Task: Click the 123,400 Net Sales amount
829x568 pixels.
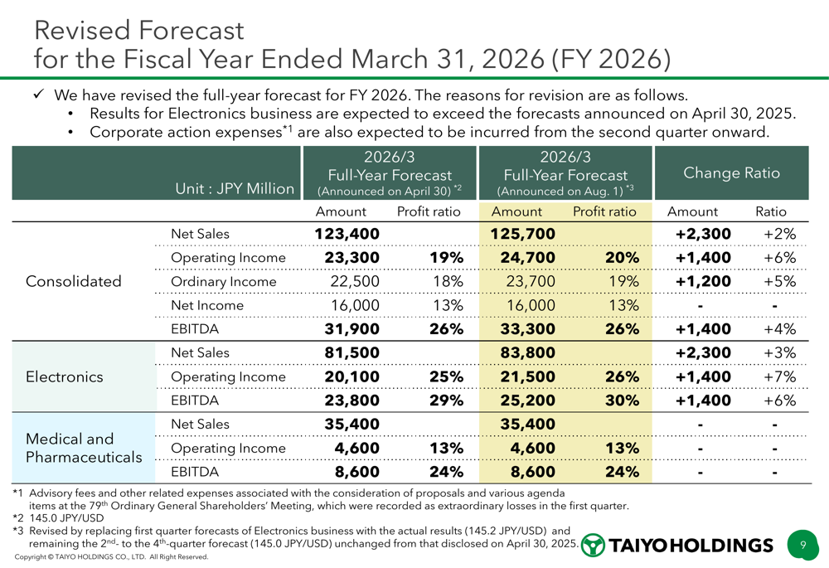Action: click(347, 235)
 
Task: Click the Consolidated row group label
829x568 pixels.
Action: click(74, 281)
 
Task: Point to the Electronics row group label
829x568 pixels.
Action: click(65, 376)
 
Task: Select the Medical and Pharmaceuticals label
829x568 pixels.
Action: click(85, 448)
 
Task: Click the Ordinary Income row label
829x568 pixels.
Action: click(223, 282)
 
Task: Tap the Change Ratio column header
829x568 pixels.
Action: click(731, 173)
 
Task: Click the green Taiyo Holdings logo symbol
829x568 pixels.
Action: click(594, 545)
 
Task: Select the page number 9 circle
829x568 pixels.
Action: click(802, 545)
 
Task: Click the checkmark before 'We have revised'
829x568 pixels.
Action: click(38, 95)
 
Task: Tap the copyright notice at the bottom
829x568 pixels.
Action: click(111, 558)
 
